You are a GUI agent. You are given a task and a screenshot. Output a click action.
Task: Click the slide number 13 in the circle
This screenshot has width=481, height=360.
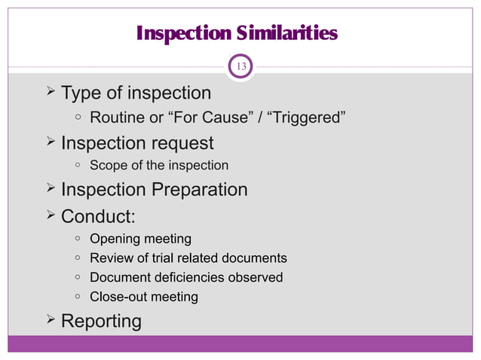(242, 66)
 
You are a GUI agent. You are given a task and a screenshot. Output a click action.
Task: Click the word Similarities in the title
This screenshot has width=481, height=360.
(285, 34)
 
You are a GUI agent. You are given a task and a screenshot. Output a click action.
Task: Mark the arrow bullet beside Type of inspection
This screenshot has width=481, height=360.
(50, 92)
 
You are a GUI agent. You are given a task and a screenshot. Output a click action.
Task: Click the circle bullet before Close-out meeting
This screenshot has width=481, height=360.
(78, 297)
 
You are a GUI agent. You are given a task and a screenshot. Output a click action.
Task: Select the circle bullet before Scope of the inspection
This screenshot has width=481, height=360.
(78, 166)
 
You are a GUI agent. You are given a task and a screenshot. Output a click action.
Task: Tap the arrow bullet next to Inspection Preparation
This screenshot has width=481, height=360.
(50, 188)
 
